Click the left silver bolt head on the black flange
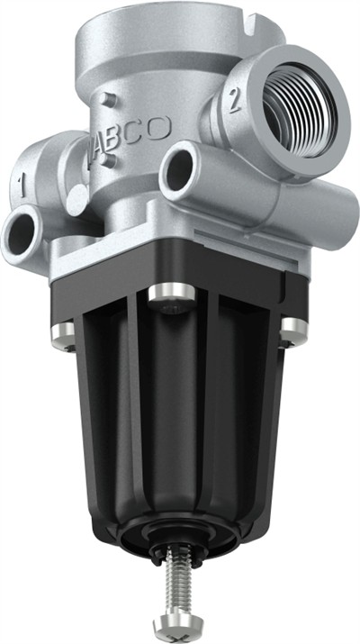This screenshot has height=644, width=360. pyautogui.click(x=62, y=336)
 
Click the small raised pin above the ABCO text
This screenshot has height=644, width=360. pyautogui.click(x=110, y=100)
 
